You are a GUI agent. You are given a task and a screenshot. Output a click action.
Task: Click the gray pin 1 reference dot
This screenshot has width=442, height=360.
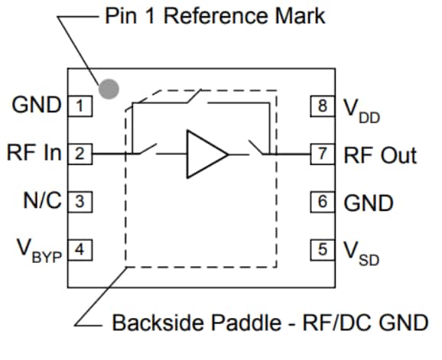110,89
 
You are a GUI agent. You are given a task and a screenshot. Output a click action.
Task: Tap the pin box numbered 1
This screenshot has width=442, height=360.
80,105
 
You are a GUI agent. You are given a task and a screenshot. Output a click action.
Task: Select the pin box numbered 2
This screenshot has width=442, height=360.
80,154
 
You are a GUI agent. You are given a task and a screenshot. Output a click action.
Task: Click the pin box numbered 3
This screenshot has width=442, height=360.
80,203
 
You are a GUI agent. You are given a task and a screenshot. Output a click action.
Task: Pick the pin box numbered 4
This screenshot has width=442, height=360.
80,249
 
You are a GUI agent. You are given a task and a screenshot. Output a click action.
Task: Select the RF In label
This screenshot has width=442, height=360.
34,153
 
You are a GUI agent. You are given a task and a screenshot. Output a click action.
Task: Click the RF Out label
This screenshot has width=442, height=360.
380,155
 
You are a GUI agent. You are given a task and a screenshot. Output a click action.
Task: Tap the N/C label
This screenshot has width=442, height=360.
42,202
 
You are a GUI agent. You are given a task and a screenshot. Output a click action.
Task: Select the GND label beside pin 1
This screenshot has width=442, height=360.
37,105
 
